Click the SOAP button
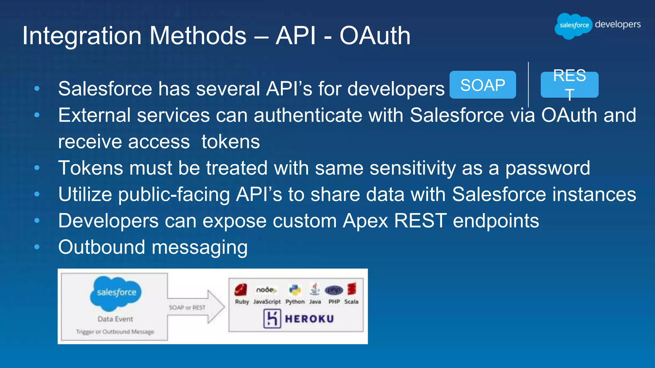click(x=482, y=85)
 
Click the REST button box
click(x=569, y=85)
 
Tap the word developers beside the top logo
click(x=618, y=24)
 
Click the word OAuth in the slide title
click(x=375, y=36)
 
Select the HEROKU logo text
click(x=309, y=319)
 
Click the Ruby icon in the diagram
click(x=241, y=289)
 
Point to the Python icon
click(x=295, y=290)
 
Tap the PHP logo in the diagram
click(x=334, y=290)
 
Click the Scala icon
click(x=352, y=289)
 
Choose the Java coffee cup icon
click(x=315, y=289)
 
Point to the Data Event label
click(x=115, y=319)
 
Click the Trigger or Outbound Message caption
click(x=115, y=332)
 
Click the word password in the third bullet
click(x=548, y=168)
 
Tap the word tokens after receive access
click(x=231, y=142)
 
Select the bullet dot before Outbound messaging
click(x=37, y=247)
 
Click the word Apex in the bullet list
click(x=365, y=221)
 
